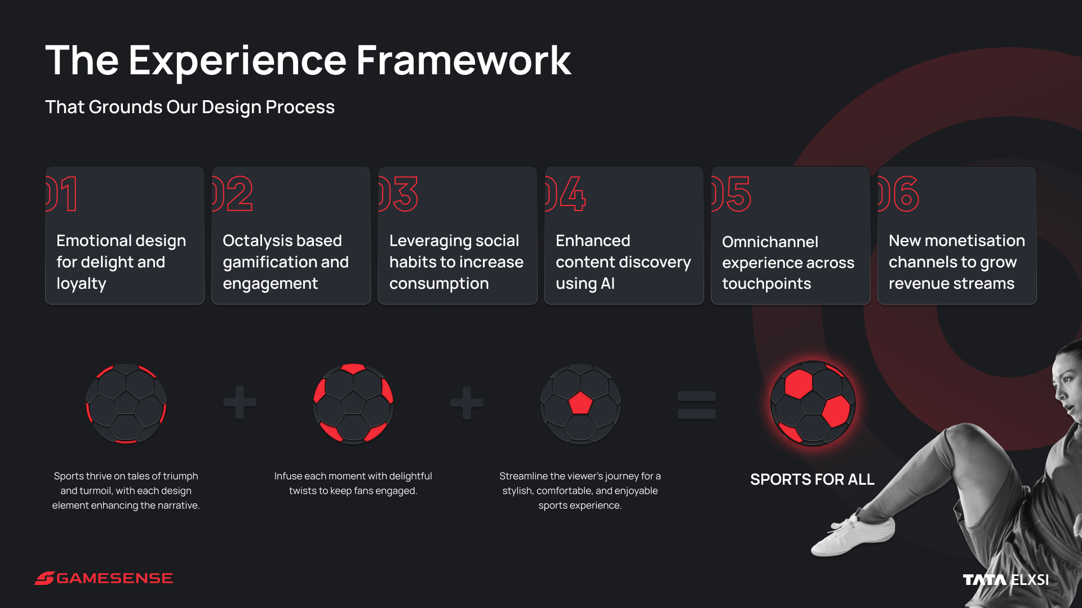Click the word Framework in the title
[464, 60]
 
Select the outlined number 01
[62, 194]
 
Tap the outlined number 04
[565, 194]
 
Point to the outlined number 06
[898, 194]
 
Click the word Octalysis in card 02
[258, 241]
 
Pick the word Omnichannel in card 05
[770, 242]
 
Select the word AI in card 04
[607, 283]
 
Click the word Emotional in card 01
[93, 240]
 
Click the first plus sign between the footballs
[240, 403]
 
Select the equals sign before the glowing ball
[697, 405]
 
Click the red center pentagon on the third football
[580, 403]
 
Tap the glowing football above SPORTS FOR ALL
[813, 403]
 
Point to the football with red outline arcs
[126, 403]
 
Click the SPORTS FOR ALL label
[812, 480]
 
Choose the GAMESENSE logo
[104, 578]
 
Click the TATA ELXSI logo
[1006, 580]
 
